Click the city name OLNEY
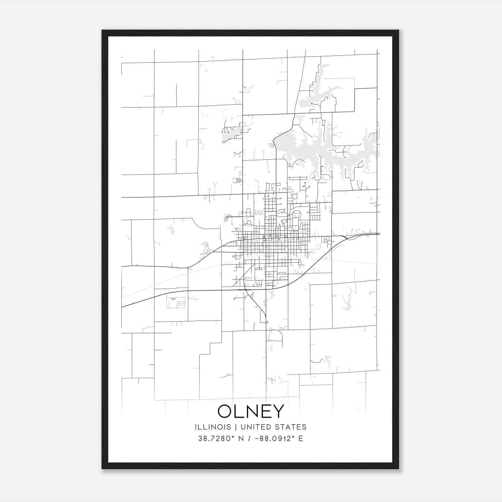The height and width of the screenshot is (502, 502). coord(251,411)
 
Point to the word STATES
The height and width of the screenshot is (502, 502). coord(291,427)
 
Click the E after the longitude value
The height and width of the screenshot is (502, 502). coord(301,439)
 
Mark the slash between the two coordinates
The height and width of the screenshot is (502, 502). coord(250,439)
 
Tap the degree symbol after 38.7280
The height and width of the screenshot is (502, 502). coord(233,436)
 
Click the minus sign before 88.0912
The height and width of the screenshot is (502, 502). coord(257,439)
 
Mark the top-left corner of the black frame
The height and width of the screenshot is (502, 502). coord(102,30)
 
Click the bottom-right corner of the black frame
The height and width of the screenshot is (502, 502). coord(398,468)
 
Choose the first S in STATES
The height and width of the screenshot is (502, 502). coord(279,427)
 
